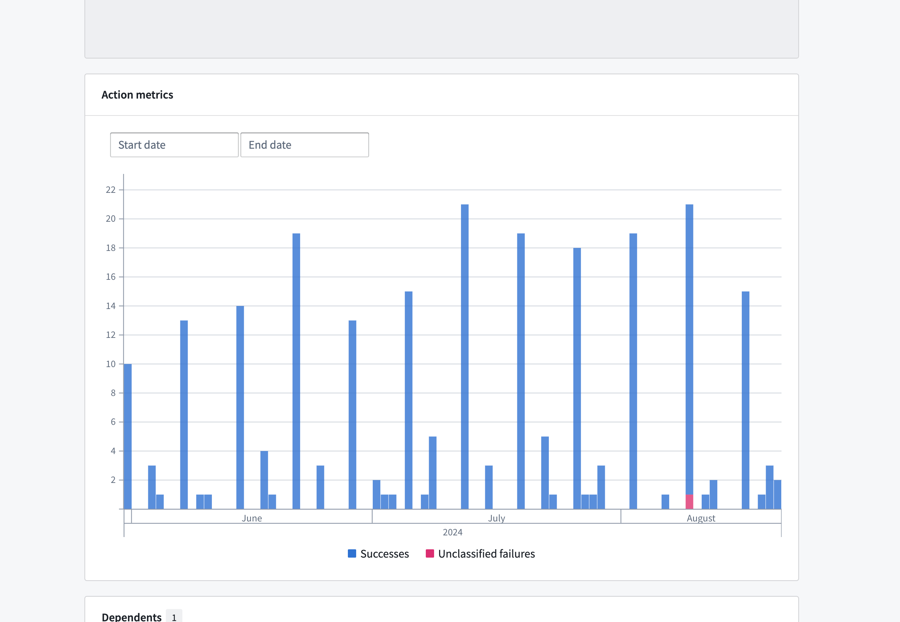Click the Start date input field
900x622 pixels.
point(174,145)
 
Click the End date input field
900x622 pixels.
point(304,145)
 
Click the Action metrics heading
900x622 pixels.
point(137,95)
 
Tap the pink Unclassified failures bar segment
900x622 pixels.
point(689,502)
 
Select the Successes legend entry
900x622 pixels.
point(378,554)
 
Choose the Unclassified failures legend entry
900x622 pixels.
point(481,554)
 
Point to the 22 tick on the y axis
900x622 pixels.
point(110,190)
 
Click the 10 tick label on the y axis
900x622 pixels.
point(110,364)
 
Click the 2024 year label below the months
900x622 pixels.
point(452,532)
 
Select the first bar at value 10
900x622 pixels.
point(128,436)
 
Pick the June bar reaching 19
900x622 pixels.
point(296,371)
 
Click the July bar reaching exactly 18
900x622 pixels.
point(577,378)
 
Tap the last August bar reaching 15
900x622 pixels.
point(745,400)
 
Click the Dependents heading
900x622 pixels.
point(132,617)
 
